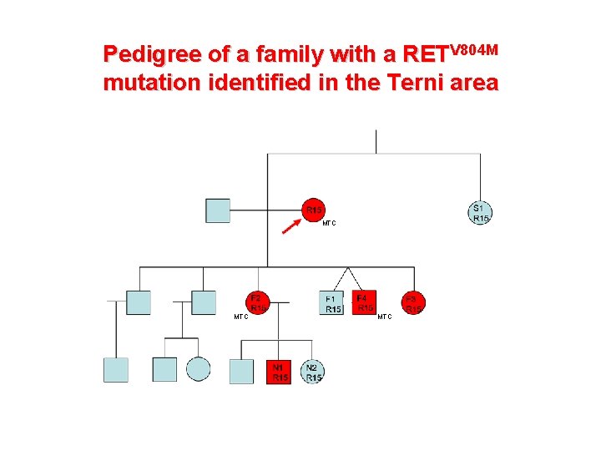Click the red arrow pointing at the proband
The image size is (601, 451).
[x=292, y=225]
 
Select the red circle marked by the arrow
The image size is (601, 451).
[x=313, y=210]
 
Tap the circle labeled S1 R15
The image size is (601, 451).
[x=480, y=212]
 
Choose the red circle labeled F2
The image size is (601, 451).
[x=257, y=302]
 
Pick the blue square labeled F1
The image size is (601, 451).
[x=331, y=302]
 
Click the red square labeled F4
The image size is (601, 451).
[x=364, y=302]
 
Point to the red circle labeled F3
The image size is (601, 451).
[x=412, y=302]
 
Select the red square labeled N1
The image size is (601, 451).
[x=280, y=372]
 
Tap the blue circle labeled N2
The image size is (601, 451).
[x=313, y=372]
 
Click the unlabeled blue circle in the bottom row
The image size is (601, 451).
[x=199, y=369]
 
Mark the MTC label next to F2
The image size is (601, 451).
[x=240, y=317]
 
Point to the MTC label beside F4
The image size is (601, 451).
[x=384, y=317]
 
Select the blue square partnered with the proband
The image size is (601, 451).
[x=218, y=210]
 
